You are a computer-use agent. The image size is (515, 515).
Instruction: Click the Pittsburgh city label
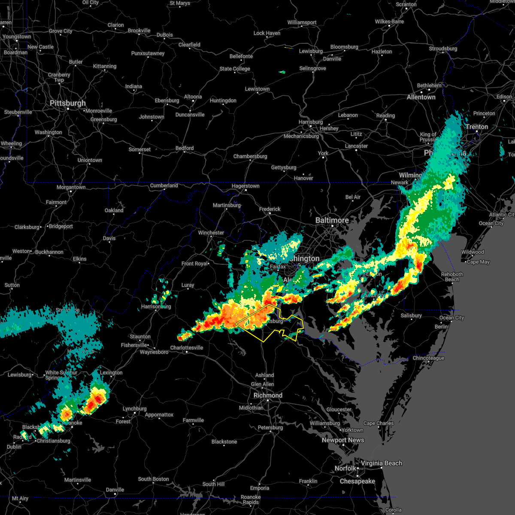[x=68, y=103]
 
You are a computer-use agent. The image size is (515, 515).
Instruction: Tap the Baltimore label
[x=332, y=220]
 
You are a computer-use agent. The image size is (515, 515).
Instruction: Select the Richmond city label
[x=268, y=395]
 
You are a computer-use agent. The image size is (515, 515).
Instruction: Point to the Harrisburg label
[x=310, y=122]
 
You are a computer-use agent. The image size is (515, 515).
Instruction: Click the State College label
[x=234, y=69]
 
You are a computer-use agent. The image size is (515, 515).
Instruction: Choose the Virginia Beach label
[x=381, y=463]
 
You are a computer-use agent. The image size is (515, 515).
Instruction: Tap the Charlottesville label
[x=187, y=348]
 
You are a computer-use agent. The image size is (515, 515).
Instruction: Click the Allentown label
[x=421, y=97]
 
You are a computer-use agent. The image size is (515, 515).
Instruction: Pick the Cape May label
[x=478, y=262]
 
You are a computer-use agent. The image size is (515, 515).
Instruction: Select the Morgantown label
[x=71, y=187]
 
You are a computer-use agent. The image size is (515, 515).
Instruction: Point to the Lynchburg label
[x=134, y=409]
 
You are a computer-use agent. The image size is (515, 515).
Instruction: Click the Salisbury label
[x=411, y=315]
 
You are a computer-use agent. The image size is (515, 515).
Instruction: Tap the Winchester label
[x=211, y=233]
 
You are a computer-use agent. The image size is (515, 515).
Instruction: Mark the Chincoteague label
[x=428, y=358]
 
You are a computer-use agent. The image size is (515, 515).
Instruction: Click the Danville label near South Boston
[x=115, y=490]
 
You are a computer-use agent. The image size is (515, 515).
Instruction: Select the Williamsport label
[x=302, y=22]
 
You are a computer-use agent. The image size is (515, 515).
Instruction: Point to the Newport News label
[x=343, y=440]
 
